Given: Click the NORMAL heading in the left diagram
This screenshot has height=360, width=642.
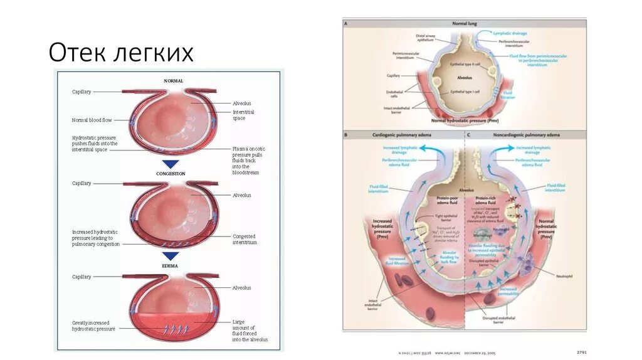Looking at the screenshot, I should coord(173,81).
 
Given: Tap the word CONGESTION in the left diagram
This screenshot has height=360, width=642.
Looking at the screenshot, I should coord(171,174).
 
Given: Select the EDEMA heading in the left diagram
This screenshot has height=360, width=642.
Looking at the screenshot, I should coord(171,266).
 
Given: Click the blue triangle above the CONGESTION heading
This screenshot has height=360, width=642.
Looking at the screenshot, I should coord(171,164).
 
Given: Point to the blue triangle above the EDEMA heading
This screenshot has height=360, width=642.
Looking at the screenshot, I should coord(171,256).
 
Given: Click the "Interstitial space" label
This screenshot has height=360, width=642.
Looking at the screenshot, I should coord(243,115).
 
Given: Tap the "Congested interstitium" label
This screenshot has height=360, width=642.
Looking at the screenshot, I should coord(245,239).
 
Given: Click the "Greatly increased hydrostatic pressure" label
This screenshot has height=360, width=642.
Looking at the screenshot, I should coord(94,326).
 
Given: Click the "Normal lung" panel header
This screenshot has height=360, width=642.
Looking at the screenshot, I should coord(465,23).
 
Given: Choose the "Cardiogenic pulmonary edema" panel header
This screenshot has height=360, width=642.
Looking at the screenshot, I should coord(403,135).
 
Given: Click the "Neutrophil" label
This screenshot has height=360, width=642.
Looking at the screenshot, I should coord(557,276).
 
